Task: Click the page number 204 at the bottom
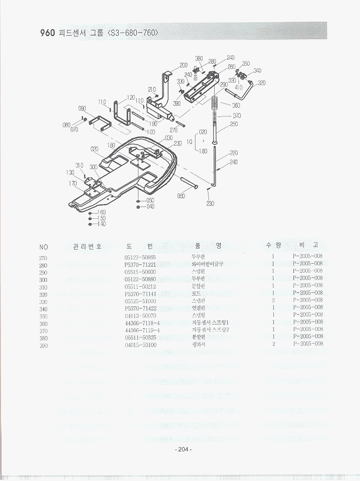click(183, 449)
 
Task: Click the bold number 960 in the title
click(47, 33)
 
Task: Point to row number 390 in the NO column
click(44, 346)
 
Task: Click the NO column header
click(44, 247)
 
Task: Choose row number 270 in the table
click(44, 258)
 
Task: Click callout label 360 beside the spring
click(236, 105)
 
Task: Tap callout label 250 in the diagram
click(234, 124)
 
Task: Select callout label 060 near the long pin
click(182, 196)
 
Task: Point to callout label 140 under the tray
click(101, 224)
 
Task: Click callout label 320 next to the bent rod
click(262, 83)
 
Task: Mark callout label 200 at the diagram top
click(184, 65)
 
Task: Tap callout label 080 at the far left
click(67, 125)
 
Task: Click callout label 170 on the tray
click(73, 183)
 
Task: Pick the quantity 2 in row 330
click(273, 300)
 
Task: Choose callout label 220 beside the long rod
click(234, 153)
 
